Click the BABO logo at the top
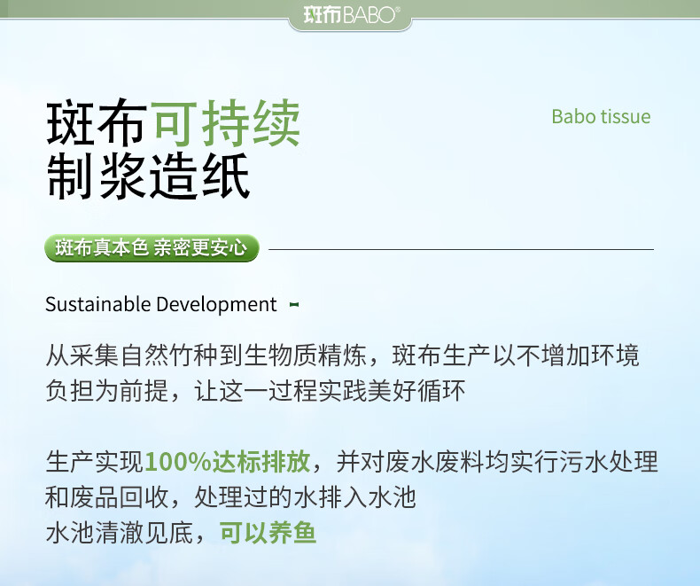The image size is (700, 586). click(x=351, y=15)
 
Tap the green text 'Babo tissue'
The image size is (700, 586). click(x=601, y=116)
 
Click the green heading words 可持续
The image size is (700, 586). click(x=227, y=124)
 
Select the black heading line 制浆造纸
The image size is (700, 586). click(x=148, y=176)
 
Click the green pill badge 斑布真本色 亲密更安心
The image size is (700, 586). click(x=152, y=248)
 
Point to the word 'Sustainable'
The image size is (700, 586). click(x=98, y=304)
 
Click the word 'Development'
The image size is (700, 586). click(x=216, y=305)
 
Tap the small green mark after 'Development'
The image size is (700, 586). click(x=294, y=305)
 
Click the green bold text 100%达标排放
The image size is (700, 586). click(x=228, y=461)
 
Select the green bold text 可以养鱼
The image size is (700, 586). click(x=268, y=533)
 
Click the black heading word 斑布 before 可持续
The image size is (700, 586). click(x=97, y=124)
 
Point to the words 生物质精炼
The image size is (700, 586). click(x=306, y=356)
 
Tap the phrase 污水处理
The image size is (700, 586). click(x=609, y=461)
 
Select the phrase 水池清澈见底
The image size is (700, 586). click(x=120, y=533)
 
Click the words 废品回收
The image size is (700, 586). click(x=119, y=497)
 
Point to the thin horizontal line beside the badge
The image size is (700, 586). click(x=461, y=249)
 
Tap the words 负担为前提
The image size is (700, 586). click(x=106, y=391)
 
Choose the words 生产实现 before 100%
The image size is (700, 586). click(x=95, y=461)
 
